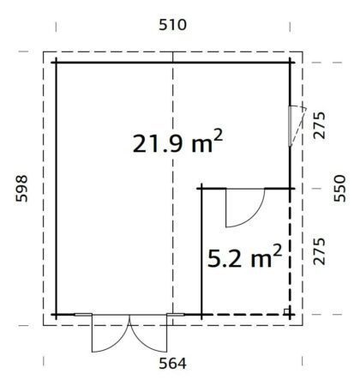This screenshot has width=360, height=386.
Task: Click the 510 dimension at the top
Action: [173, 26]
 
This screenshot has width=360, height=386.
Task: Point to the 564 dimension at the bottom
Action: [173, 362]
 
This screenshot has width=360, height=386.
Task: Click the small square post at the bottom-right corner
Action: [287, 311]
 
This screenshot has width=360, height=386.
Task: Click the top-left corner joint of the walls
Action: [57, 62]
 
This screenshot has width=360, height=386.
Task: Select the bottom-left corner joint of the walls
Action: [57, 316]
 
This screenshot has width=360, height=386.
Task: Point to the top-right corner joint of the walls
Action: [294, 62]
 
